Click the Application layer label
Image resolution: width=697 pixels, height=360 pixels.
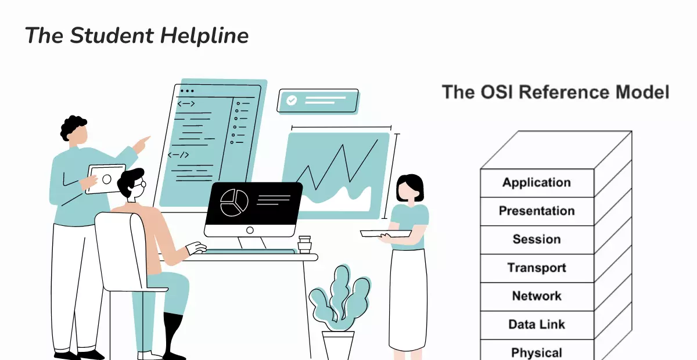coord(537,183)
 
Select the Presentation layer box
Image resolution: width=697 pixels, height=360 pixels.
coord(537,211)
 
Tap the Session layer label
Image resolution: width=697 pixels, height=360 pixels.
coord(537,239)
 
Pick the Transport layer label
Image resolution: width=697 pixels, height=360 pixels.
coord(537,268)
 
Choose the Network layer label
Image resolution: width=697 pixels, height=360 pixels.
coord(537,296)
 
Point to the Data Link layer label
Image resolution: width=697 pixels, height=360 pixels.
coord(537,324)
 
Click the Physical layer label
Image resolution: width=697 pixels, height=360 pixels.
coord(537,353)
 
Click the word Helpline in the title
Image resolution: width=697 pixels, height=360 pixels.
coord(204,36)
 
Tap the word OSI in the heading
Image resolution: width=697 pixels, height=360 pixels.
coord(496,92)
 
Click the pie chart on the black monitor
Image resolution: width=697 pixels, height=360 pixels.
coord(234,203)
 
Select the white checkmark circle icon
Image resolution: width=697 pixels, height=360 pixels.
coord(292,100)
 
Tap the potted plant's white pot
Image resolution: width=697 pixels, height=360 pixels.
coord(338,345)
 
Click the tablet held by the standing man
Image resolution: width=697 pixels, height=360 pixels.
coord(106,179)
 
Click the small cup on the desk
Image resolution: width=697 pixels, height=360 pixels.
coord(304,244)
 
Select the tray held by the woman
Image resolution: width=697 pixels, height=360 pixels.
coord(386,233)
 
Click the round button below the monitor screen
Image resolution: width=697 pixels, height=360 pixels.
coord(250,231)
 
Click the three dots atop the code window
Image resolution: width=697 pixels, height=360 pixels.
coord(187,91)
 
